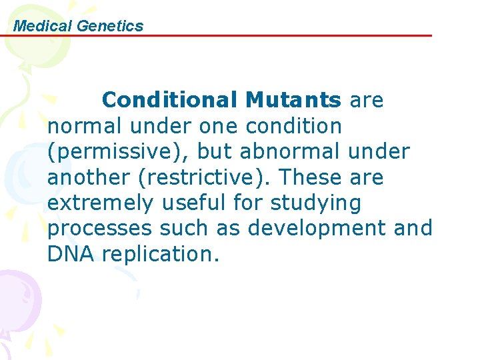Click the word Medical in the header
tap(43, 26)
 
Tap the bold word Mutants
tap(293, 100)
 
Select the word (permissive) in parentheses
tap(117, 151)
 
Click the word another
tap(86, 177)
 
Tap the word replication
tap(161, 254)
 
